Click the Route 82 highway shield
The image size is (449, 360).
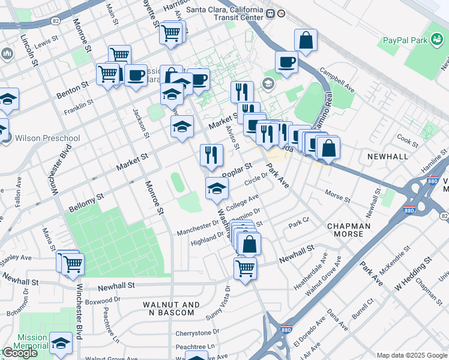55,21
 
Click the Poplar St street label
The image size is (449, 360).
236,168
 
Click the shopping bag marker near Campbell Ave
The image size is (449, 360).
306,40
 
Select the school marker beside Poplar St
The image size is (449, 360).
217,189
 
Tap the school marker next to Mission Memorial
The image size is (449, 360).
61,344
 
